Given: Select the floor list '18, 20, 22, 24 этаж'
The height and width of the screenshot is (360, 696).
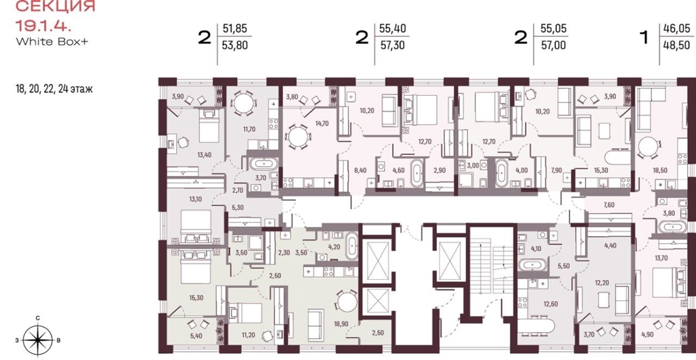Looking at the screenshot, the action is point(53,89).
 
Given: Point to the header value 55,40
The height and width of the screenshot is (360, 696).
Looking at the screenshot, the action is point(392,29).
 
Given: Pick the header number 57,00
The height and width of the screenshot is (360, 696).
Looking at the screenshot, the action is point(553,45).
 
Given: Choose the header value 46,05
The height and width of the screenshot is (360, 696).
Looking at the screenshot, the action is point(677,29).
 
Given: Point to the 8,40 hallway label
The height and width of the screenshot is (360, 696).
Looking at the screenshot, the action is point(355,169).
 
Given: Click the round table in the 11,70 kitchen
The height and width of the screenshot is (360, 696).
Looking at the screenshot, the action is point(244,103).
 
